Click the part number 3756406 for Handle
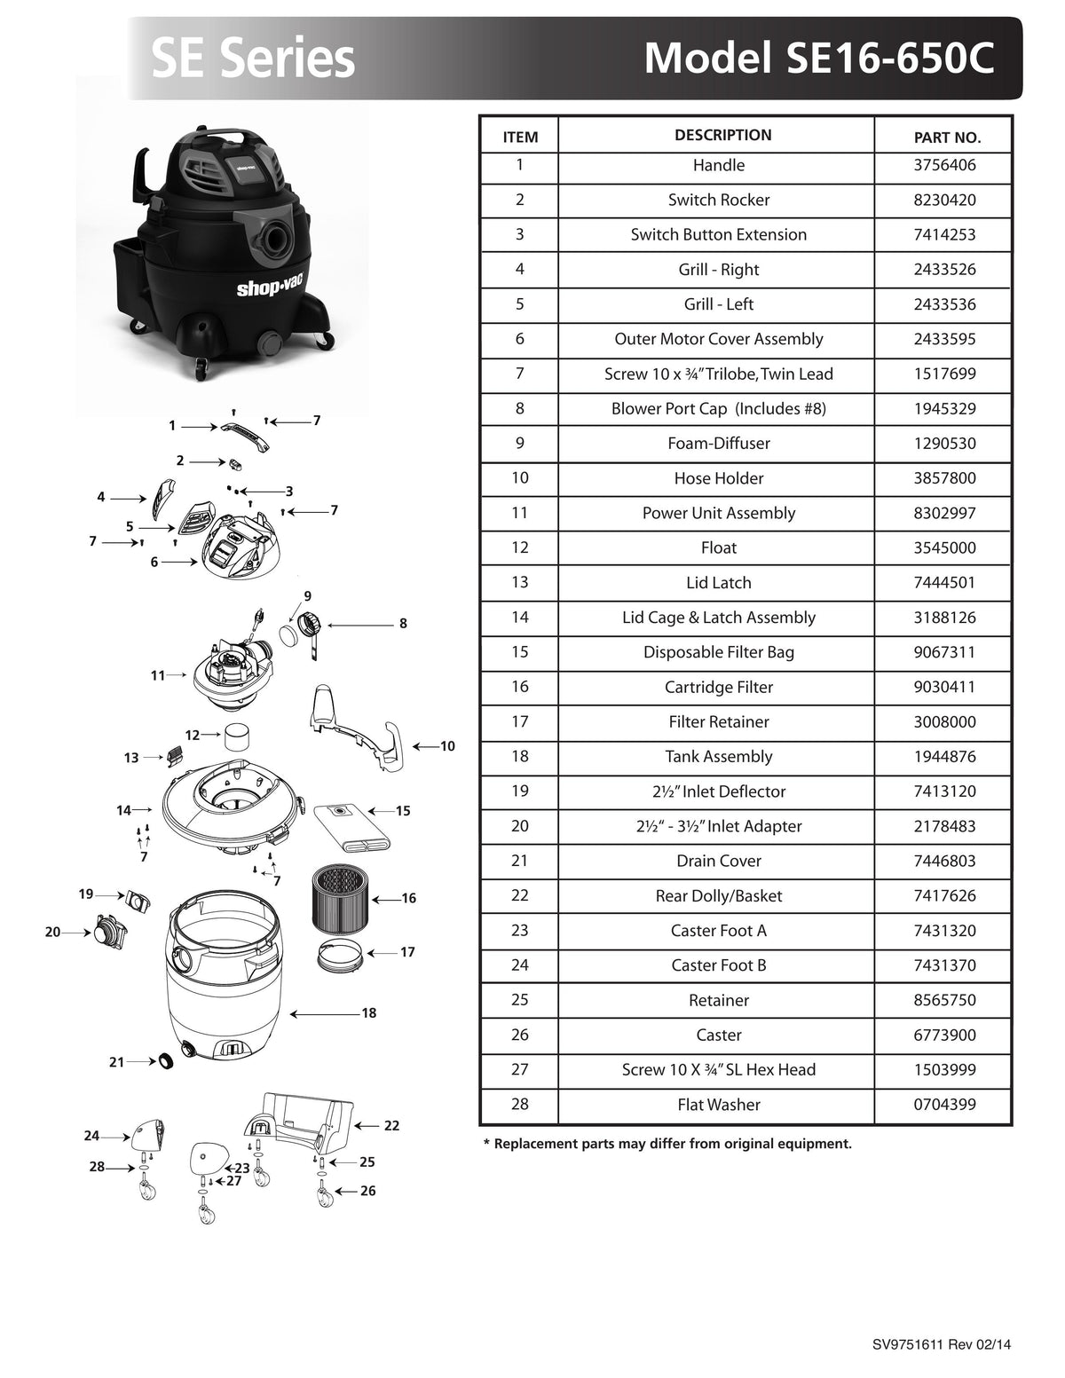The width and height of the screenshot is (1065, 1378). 944,165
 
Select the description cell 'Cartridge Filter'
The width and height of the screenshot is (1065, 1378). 718,687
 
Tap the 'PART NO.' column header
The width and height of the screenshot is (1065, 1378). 947,138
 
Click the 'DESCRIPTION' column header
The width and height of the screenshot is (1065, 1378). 722,135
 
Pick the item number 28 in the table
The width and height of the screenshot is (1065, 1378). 519,1104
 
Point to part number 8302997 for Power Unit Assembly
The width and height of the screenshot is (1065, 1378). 944,513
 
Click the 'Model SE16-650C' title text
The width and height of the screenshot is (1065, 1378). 818,58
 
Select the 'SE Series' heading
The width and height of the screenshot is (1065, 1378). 253,59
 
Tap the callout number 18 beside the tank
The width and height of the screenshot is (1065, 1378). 369,1012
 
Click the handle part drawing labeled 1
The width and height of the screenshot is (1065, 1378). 245,435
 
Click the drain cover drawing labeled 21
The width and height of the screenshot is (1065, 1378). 164,1061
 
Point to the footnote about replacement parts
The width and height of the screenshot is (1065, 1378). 667,1144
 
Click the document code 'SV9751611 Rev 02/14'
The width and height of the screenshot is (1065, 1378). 941,1344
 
